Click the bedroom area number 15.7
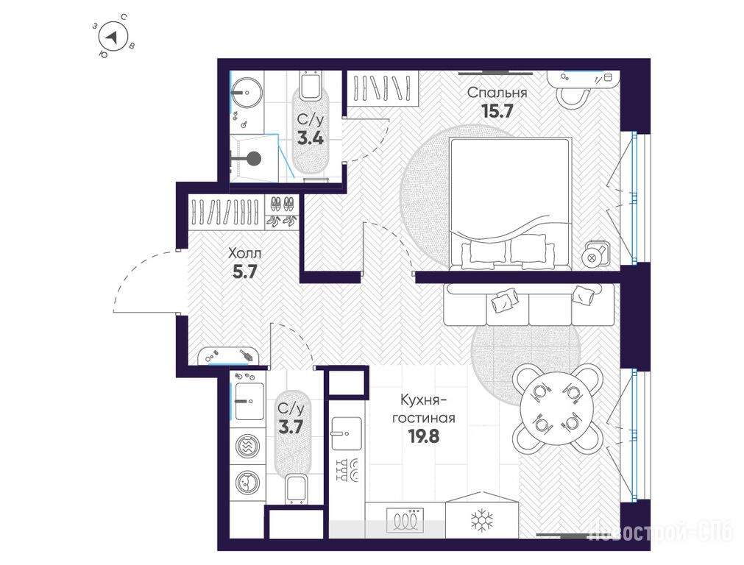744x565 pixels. click(x=497, y=111)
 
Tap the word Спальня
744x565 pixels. click(x=497, y=93)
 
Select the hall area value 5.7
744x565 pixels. click(x=245, y=271)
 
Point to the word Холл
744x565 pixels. click(x=245, y=253)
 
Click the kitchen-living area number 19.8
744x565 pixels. click(x=424, y=436)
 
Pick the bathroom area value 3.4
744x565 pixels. click(x=311, y=138)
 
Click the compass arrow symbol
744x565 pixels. click(x=112, y=38)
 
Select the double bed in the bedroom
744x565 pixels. click(x=509, y=204)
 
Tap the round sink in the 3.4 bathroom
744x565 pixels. click(x=246, y=93)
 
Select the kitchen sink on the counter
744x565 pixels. click(x=347, y=433)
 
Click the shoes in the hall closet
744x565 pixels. click(x=282, y=212)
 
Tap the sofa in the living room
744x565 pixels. click(x=530, y=305)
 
